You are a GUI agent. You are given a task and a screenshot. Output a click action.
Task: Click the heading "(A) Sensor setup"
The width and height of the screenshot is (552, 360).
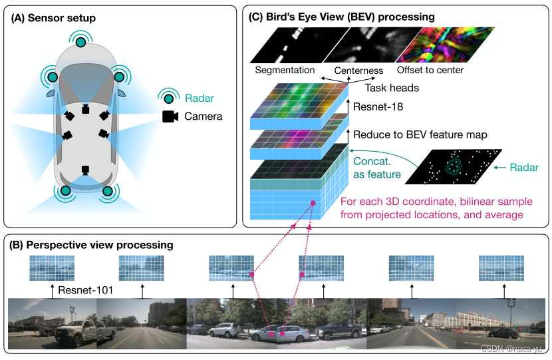[53, 18]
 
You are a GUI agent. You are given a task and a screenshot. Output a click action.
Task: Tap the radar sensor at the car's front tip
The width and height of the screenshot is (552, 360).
[80, 43]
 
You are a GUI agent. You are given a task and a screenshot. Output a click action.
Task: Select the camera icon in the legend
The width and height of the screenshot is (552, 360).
[170, 116]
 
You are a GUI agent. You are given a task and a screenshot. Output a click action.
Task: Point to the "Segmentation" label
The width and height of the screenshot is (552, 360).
[285, 70]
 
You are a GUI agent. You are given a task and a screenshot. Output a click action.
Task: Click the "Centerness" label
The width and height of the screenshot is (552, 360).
[358, 71]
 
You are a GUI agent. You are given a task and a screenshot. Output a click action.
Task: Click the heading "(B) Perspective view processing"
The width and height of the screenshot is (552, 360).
[92, 245]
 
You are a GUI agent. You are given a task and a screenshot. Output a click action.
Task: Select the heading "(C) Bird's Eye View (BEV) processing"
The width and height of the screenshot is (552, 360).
[341, 17]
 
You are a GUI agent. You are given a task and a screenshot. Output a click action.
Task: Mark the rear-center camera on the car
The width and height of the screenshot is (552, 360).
[85, 170]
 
